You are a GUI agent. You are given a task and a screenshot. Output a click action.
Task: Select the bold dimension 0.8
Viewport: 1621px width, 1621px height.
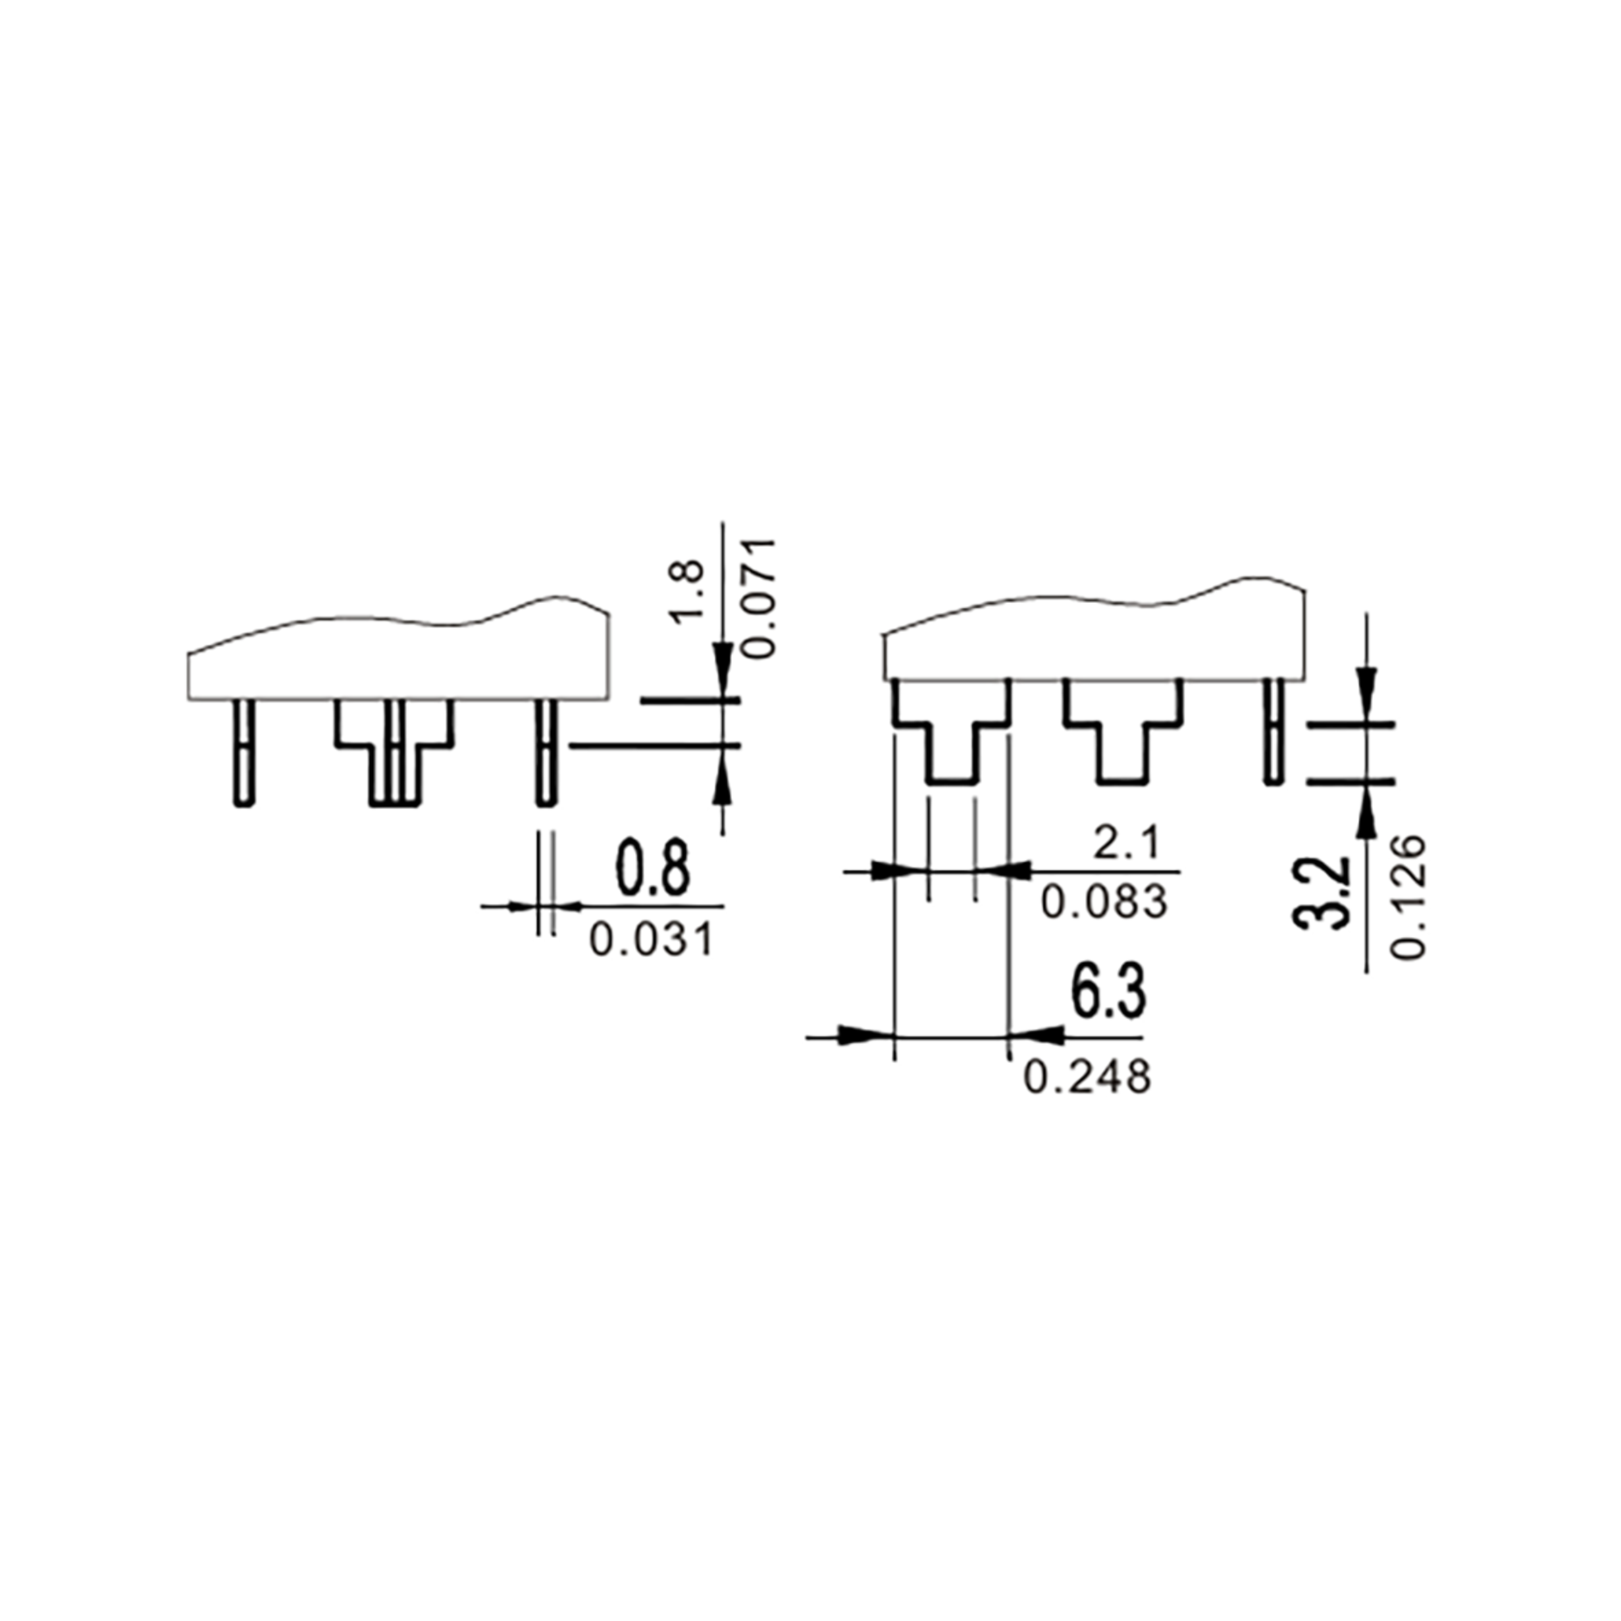[x=654, y=869]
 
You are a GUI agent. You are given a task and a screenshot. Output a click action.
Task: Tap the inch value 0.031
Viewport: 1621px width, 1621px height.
[x=651, y=940]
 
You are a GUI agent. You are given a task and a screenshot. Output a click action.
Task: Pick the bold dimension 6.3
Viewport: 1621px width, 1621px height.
[x=1108, y=994]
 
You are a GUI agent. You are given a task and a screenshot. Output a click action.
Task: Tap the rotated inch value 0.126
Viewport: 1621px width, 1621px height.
[x=1408, y=896]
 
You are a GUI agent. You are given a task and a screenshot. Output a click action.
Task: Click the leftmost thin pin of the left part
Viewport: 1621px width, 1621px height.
[x=243, y=752]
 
